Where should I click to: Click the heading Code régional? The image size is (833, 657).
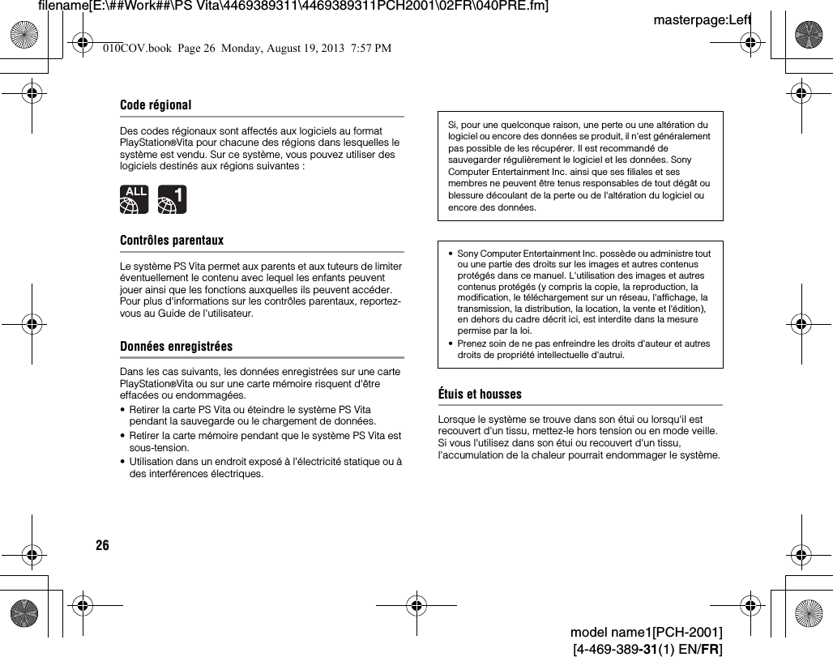156,105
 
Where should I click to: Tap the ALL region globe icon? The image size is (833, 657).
134,199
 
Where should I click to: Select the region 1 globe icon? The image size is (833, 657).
172,199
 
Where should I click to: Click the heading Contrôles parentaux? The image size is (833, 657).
171,241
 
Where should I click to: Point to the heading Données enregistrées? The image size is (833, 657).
176,346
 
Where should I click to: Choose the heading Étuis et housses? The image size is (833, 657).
480,395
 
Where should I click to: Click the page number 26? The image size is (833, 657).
102,545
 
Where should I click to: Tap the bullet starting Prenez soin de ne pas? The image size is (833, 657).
583,349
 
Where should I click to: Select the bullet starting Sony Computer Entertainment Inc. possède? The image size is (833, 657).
583,292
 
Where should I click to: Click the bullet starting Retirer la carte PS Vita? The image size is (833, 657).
252,416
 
